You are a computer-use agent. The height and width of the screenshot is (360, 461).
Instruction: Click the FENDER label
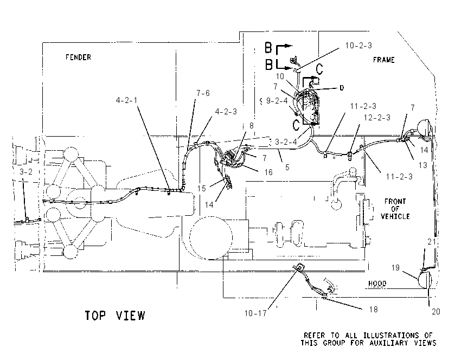78,57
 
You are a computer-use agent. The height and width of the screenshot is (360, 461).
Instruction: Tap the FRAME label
383,60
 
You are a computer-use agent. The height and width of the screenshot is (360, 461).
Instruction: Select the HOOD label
377,284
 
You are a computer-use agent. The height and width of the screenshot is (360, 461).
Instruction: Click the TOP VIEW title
115,316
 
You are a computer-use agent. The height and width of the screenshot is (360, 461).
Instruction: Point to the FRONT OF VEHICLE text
395,209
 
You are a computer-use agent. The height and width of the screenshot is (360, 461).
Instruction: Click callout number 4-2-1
126,100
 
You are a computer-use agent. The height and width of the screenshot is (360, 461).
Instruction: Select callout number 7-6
203,93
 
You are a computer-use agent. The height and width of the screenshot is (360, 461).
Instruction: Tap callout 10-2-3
358,46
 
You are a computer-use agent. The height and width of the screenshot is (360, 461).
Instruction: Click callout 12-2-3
377,118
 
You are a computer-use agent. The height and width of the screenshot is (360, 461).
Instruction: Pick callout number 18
373,310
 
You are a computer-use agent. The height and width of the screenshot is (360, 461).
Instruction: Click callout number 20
436,312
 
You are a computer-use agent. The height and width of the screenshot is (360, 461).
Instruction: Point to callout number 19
395,268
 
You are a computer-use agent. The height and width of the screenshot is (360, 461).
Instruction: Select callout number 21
432,242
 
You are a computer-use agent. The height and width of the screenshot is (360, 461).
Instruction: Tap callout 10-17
255,313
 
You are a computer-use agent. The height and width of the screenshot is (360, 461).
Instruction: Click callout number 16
268,172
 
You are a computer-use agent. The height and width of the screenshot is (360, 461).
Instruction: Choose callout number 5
287,168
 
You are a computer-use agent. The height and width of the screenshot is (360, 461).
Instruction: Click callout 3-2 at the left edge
26,172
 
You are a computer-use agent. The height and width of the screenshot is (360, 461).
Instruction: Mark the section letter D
342,88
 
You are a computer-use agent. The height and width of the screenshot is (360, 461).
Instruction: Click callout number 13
422,165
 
